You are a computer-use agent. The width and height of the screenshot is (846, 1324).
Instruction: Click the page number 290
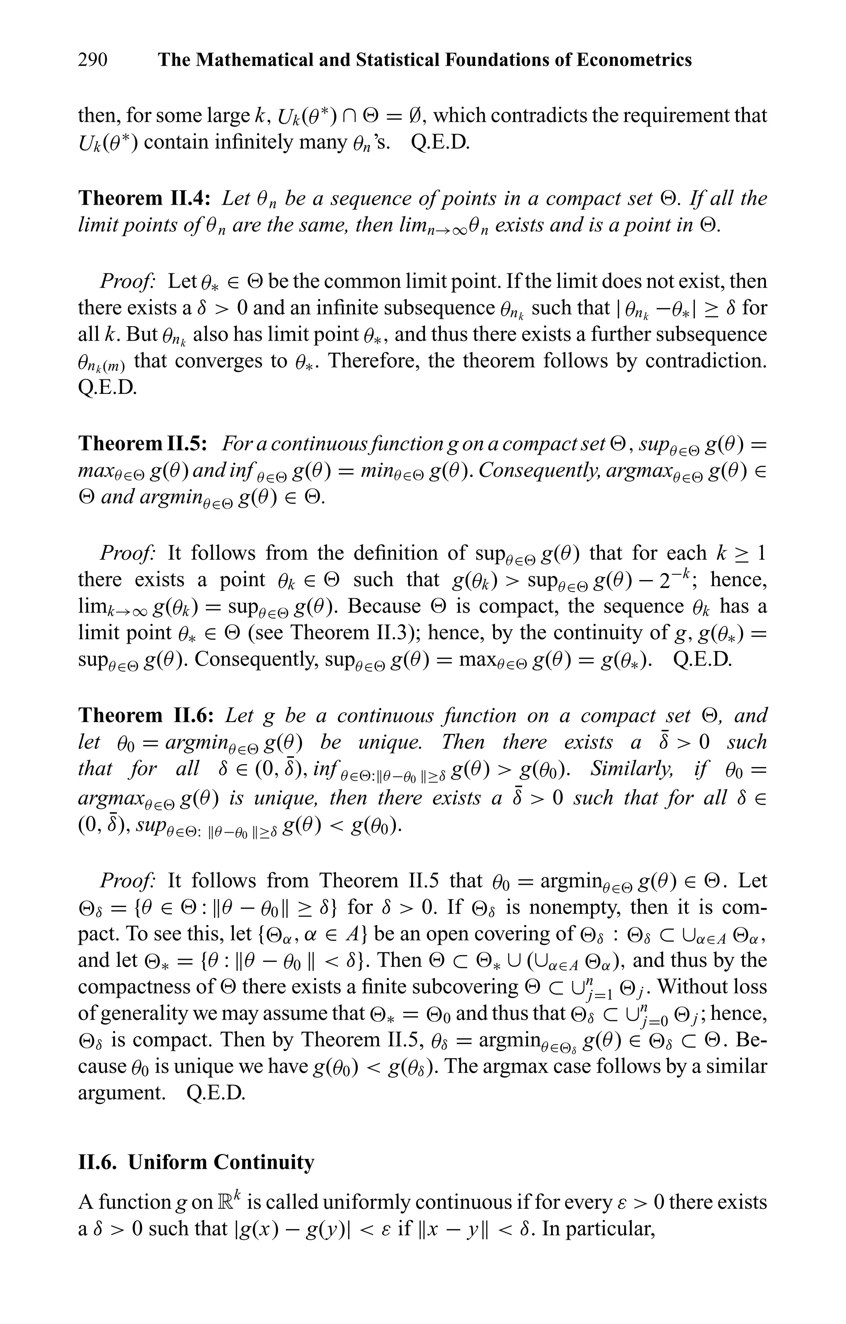click(x=93, y=59)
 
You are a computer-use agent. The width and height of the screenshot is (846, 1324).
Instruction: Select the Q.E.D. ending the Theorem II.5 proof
click(x=702, y=659)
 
